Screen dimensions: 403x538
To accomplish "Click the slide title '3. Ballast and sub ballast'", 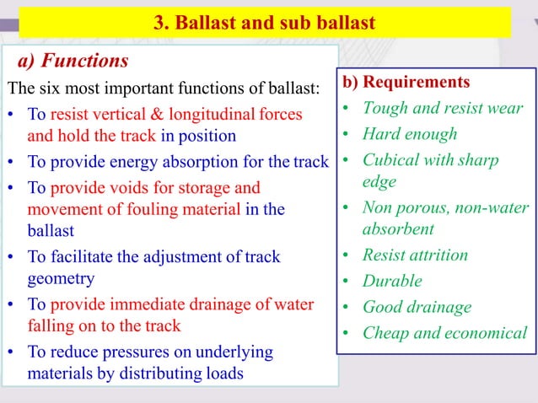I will (x=264, y=23).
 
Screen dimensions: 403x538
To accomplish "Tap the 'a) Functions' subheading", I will (x=73, y=61).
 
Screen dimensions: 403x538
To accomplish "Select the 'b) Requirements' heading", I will (x=406, y=83).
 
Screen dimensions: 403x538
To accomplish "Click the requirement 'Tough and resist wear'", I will (x=443, y=108).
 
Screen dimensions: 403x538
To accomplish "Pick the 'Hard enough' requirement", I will (x=409, y=134).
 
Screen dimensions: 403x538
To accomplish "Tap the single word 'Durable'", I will (x=392, y=281).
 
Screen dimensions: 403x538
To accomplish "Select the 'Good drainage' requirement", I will (x=417, y=307).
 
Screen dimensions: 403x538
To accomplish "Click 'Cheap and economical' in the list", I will (x=444, y=333).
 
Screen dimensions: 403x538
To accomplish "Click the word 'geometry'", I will (x=61, y=278).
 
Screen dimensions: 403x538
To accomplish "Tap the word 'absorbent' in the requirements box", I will (x=399, y=228).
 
